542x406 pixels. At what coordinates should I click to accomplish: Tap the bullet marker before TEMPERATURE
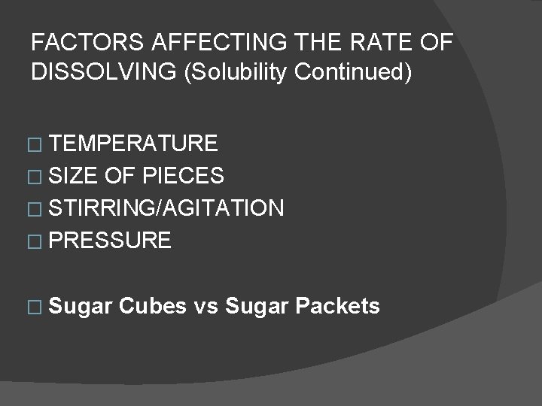(38, 145)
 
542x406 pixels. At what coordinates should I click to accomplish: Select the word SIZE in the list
(73, 176)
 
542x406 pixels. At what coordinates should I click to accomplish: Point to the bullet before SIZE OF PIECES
(38, 177)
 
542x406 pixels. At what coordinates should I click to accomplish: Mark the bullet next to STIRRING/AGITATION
(38, 210)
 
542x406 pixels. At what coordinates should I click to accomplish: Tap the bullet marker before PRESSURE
(38, 242)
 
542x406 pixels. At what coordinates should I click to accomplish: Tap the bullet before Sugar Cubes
(38, 308)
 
